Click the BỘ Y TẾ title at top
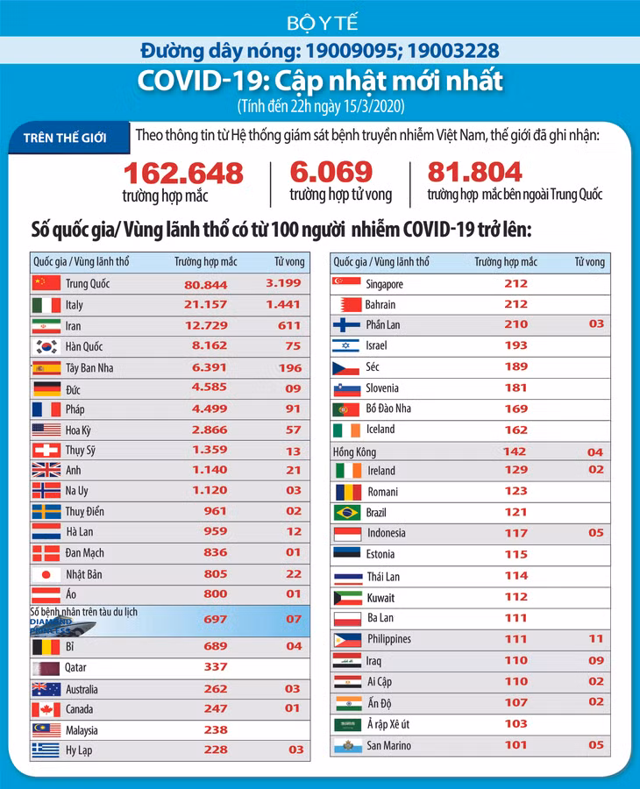323,23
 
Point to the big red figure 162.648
183,173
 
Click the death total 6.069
331,172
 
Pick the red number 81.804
474,172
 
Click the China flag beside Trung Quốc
46,283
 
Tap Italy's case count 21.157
205,304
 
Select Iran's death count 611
289,325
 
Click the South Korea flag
46,346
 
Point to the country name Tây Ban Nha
89,368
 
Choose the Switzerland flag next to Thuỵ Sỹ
46,450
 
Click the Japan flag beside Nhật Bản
46,574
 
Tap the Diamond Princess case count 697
216,620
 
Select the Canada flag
46,709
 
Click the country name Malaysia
82,730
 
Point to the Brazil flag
347,513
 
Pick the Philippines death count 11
596,639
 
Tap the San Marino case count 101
516,745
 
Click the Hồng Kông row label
354,451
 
